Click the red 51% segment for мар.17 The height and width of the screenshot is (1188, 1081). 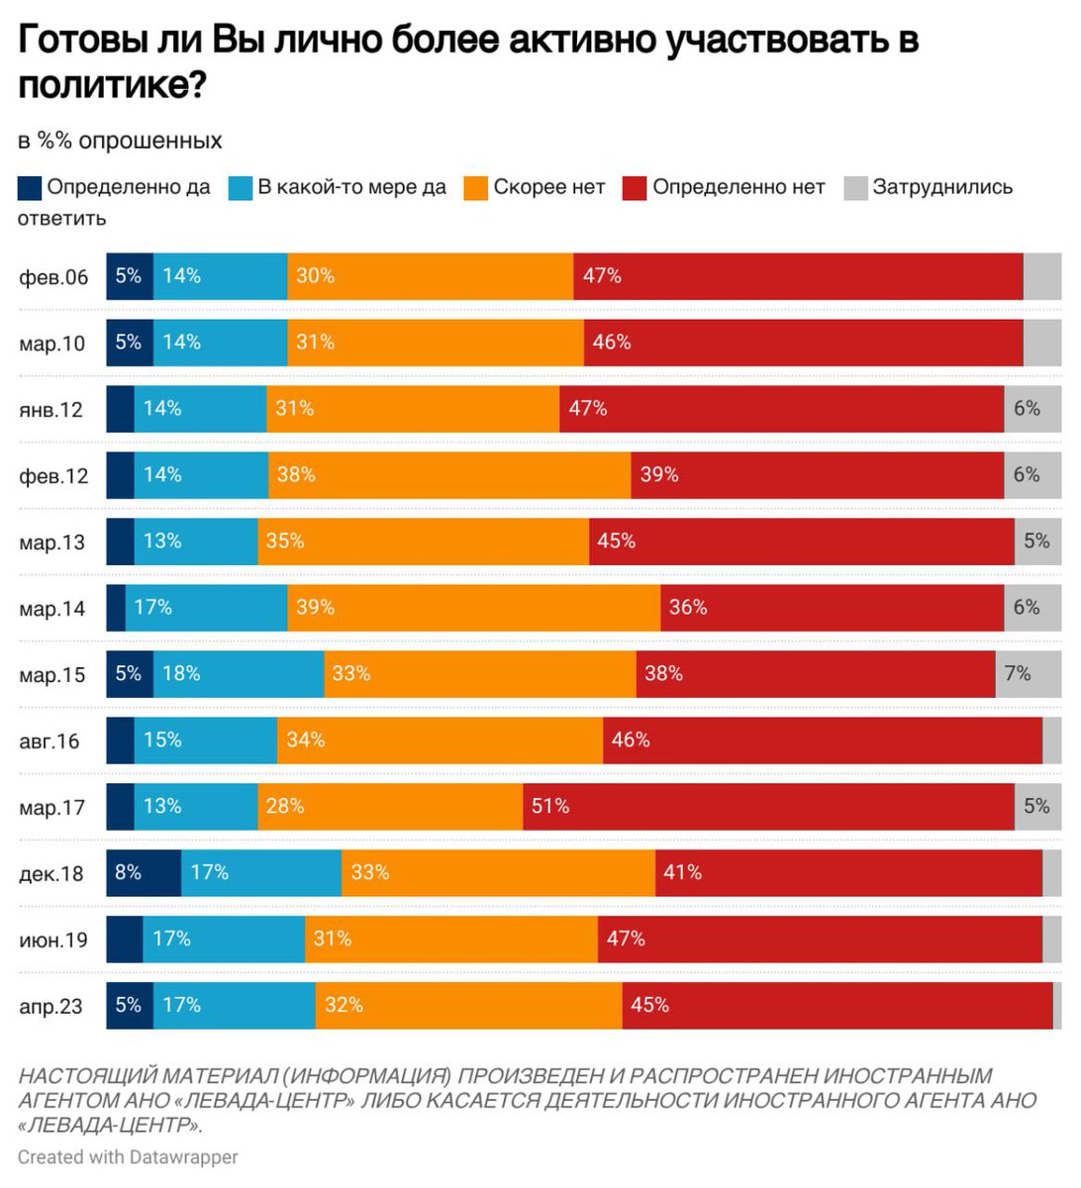768,807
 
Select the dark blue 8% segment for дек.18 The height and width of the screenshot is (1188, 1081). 144,873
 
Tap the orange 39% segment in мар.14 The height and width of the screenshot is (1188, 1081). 473,608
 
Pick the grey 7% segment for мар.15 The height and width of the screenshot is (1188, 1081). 1028,674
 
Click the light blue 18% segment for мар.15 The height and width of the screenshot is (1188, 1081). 239,674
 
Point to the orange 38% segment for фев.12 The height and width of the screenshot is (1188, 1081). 449,475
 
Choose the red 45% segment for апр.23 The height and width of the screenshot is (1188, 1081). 836,1006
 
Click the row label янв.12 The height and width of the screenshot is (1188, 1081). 51,410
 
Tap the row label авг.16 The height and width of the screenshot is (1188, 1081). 49,742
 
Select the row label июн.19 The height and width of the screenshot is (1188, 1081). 53,940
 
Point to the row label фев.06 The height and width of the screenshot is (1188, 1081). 53,277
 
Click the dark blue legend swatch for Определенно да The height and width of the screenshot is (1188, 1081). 30,188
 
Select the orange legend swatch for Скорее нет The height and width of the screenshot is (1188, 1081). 476,188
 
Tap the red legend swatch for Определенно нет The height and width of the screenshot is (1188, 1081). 635,188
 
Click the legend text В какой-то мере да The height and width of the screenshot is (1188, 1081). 351,188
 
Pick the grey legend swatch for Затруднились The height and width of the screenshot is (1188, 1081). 855,188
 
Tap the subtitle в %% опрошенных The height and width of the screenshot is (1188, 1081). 120,141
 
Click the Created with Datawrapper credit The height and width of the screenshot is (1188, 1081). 128,1156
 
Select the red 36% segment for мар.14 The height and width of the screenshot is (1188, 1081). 836,608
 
